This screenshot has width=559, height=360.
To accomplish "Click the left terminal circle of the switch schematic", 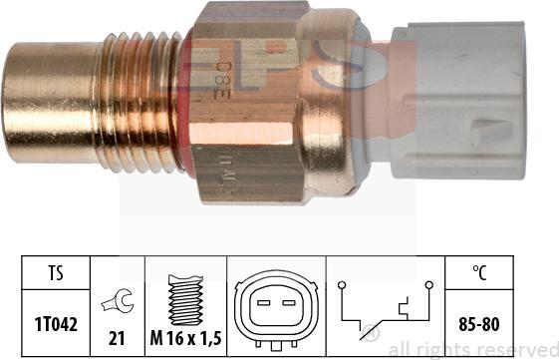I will tap(342, 285).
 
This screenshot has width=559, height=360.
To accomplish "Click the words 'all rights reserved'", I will tap(472, 350).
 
